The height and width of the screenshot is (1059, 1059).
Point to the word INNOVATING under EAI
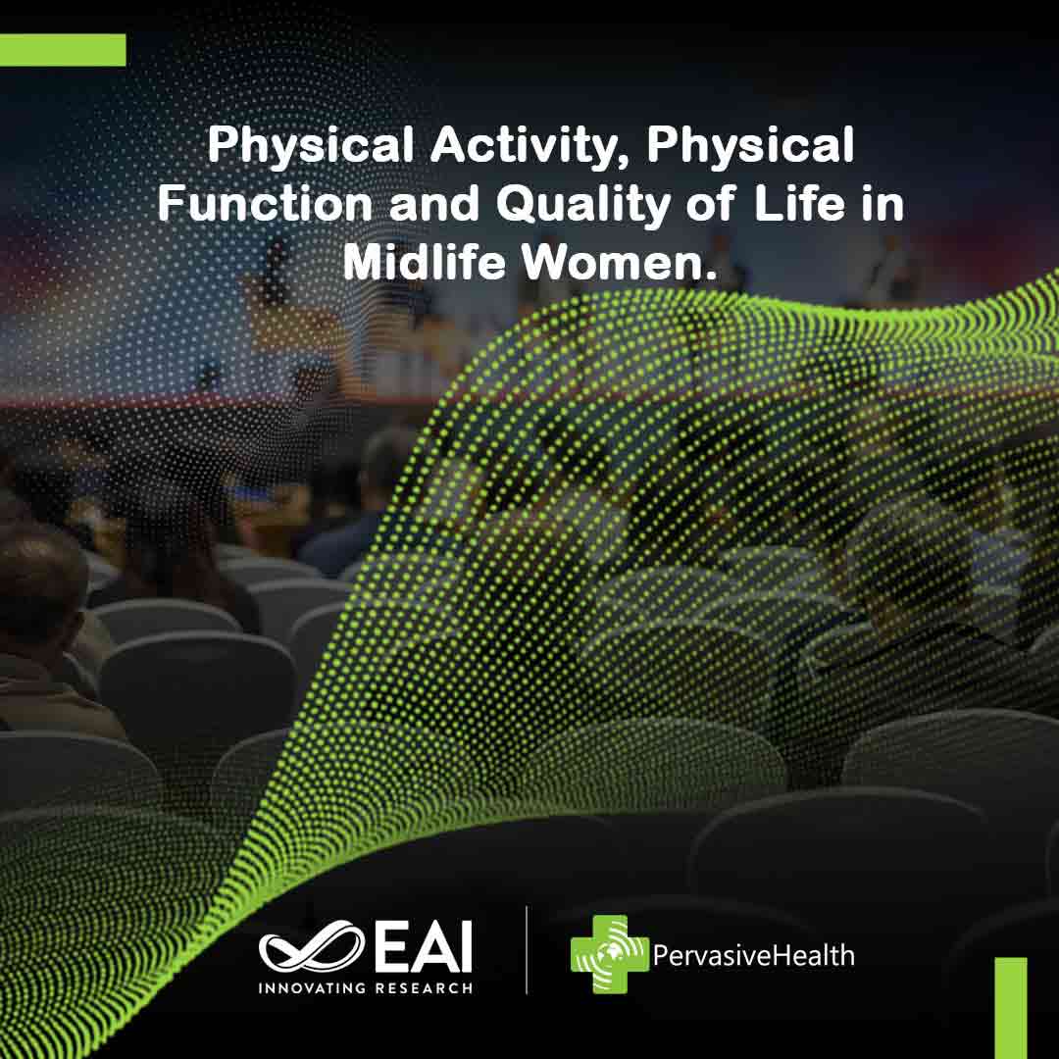click(x=313, y=987)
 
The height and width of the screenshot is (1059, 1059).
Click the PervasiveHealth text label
click(x=753, y=954)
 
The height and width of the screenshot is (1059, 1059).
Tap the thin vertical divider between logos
click(x=527, y=949)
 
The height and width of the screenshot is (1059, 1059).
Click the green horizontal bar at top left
click(x=63, y=50)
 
